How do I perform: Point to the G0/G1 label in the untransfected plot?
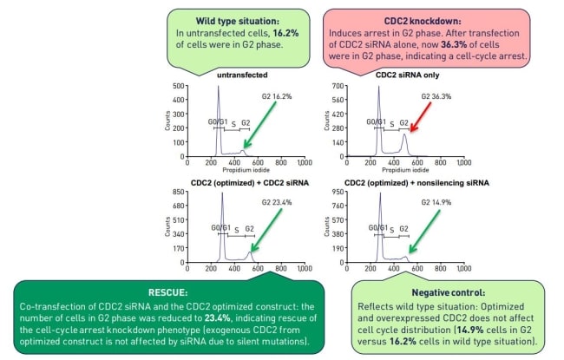pos(220,121)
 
